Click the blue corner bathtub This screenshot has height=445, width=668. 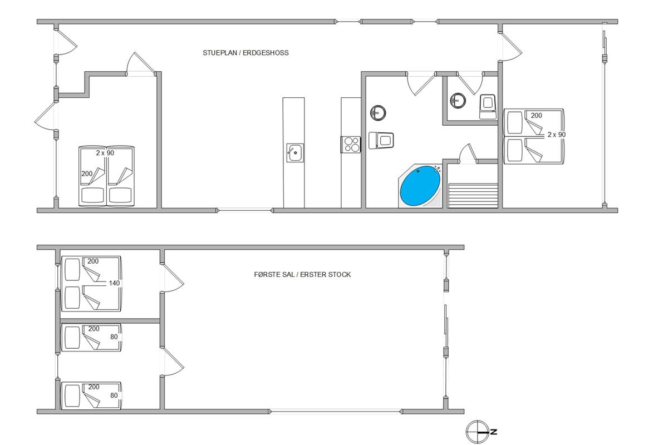420,186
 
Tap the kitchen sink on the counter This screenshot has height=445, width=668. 295,152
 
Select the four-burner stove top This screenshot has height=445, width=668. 351,145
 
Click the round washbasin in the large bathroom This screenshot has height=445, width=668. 378,113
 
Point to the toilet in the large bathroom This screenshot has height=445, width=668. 381,140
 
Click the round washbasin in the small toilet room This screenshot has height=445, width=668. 458,100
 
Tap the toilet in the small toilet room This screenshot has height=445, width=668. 487,107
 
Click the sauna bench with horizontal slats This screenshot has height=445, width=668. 473,195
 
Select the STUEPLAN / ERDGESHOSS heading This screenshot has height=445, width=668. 245,53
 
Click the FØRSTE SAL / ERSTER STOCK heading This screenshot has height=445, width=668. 302,275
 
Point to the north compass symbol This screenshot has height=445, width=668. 478,432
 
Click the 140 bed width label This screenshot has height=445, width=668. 114,283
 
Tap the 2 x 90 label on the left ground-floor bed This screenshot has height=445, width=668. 105,153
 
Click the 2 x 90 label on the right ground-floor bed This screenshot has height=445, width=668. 557,135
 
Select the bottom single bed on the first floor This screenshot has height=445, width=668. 91,395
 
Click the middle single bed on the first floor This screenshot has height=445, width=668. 91,338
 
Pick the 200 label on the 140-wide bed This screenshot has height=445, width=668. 93,261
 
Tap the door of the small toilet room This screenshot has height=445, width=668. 470,83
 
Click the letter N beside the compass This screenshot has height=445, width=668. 494,432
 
